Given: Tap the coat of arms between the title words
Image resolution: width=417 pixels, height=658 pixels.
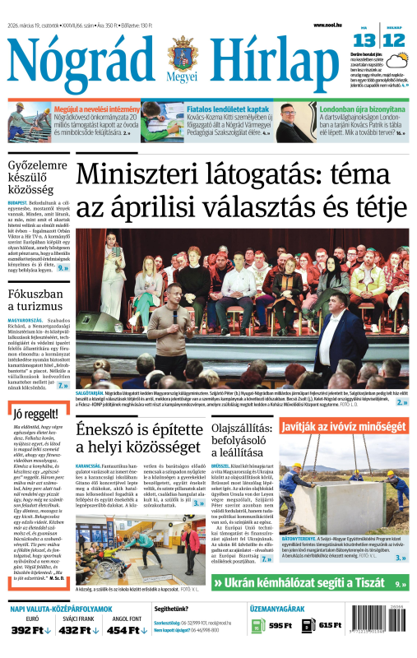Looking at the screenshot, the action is [183, 55].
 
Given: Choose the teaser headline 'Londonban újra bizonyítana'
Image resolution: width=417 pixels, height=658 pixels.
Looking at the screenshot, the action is [359, 109].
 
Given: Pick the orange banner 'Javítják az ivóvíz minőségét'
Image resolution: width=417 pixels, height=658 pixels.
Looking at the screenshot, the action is [343, 427].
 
